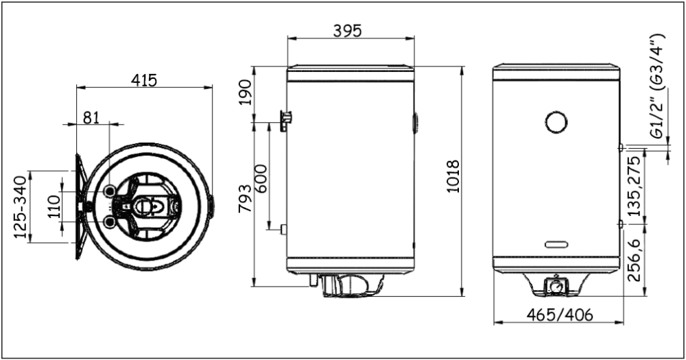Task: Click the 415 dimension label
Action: click(x=145, y=80)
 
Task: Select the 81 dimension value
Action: click(x=91, y=117)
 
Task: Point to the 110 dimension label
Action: click(x=54, y=205)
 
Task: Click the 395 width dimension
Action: click(x=347, y=31)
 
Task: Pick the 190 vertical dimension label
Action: click(x=246, y=95)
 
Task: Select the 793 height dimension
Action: click(x=246, y=199)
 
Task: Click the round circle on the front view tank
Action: click(x=556, y=122)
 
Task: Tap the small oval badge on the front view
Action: click(x=556, y=244)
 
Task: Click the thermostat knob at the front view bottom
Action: click(x=556, y=285)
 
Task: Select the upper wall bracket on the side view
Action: click(x=285, y=121)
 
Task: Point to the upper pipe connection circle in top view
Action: click(x=110, y=190)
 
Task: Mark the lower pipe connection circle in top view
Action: click(x=110, y=221)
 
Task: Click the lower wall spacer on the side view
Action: click(x=283, y=228)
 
